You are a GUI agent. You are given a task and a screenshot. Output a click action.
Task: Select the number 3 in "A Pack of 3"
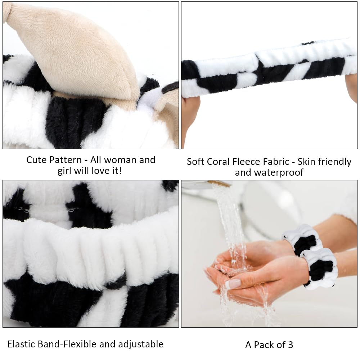tap(290, 345)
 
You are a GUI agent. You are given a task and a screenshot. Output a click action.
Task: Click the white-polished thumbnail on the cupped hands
tap(233, 283)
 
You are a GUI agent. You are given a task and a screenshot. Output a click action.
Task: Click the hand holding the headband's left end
tap(189, 115)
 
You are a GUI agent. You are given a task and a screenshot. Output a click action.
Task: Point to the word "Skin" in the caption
tap(309, 162)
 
